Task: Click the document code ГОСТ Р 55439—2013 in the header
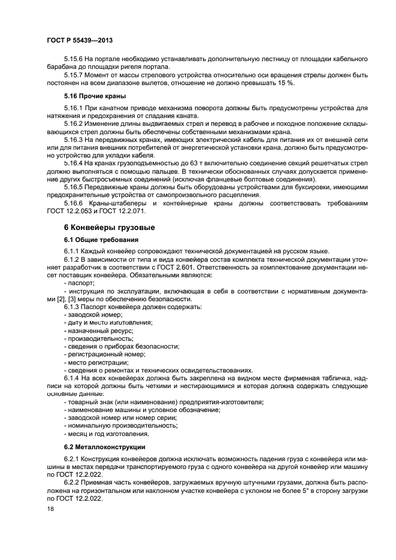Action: tap(80, 40)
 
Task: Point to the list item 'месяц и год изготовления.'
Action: tap(107, 434)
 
